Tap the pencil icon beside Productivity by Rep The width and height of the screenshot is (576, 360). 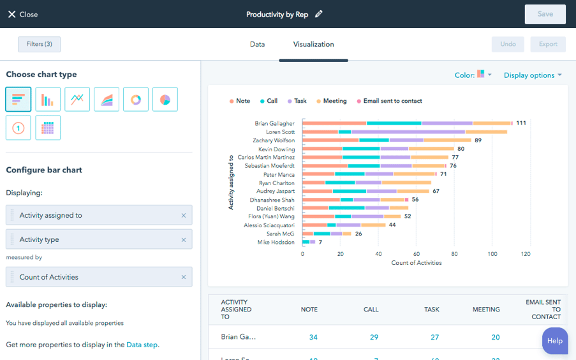click(x=319, y=14)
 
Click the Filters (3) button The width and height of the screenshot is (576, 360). click(x=40, y=44)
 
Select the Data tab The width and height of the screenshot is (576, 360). click(x=257, y=45)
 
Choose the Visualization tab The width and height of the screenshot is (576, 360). click(x=313, y=45)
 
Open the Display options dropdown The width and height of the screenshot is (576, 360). click(x=533, y=75)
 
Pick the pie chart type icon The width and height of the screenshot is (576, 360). click(x=165, y=100)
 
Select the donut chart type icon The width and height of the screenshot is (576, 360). click(x=136, y=100)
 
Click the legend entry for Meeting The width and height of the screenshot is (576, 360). click(x=331, y=101)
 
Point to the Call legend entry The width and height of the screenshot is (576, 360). click(x=269, y=101)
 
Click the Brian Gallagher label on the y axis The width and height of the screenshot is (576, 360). click(x=274, y=123)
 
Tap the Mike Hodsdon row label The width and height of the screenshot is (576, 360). click(x=276, y=243)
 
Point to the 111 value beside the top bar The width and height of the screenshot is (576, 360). click(x=521, y=123)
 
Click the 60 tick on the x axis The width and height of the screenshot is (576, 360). click(x=416, y=253)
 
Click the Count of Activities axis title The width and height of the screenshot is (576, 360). click(x=416, y=263)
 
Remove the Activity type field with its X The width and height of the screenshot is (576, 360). click(x=184, y=240)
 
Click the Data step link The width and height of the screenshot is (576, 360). click(x=142, y=345)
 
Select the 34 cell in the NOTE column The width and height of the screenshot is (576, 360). click(x=313, y=337)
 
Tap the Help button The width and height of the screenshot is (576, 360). click(x=554, y=341)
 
